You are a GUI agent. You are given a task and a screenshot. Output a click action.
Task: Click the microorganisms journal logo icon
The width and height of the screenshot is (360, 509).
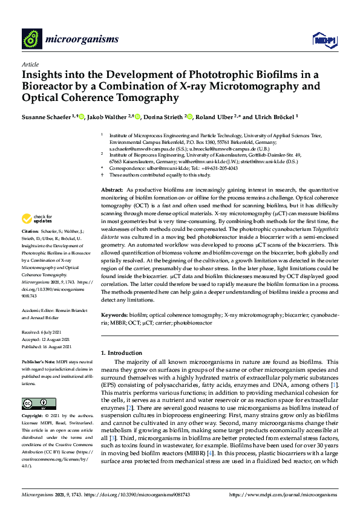click(x=31, y=39)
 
